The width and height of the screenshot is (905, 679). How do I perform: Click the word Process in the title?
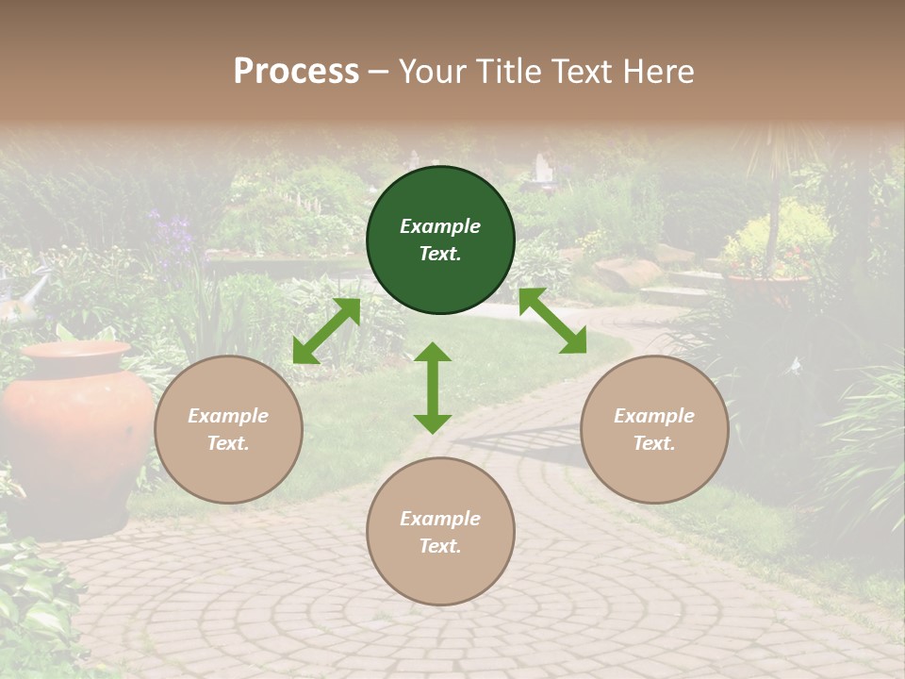296,72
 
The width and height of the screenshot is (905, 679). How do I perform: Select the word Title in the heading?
505,72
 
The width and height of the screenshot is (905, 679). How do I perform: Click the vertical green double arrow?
433,388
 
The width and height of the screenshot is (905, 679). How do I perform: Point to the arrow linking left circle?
326,331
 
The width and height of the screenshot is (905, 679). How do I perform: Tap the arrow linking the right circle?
552,321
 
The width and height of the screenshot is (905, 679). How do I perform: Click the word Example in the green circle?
440,226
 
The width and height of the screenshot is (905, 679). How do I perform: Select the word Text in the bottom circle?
440,546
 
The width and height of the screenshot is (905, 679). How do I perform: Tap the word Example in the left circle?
228,416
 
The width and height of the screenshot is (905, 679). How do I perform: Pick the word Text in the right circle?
654,443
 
